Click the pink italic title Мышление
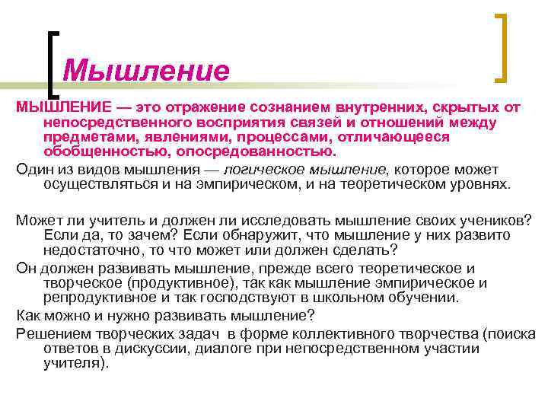[x=145, y=71]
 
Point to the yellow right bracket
[x=503, y=47]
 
